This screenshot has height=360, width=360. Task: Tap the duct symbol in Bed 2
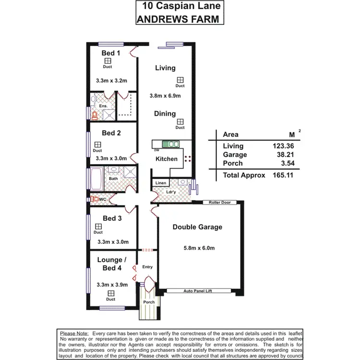(x=97, y=144)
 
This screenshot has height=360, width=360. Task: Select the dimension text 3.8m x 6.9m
(x=165, y=96)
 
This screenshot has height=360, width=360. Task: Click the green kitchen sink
(x=170, y=143)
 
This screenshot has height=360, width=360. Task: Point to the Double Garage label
(x=197, y=227)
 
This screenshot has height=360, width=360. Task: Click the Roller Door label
(x=219, y=203)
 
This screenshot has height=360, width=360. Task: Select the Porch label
(x=149, y=302)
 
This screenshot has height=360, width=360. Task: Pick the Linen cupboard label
(x=160, y=183)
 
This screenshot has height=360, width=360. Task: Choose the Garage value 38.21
(x=283, y=155)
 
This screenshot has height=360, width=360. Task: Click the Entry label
(x=147, y=267)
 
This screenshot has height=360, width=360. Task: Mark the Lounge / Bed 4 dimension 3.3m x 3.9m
(x=112, y=285)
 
